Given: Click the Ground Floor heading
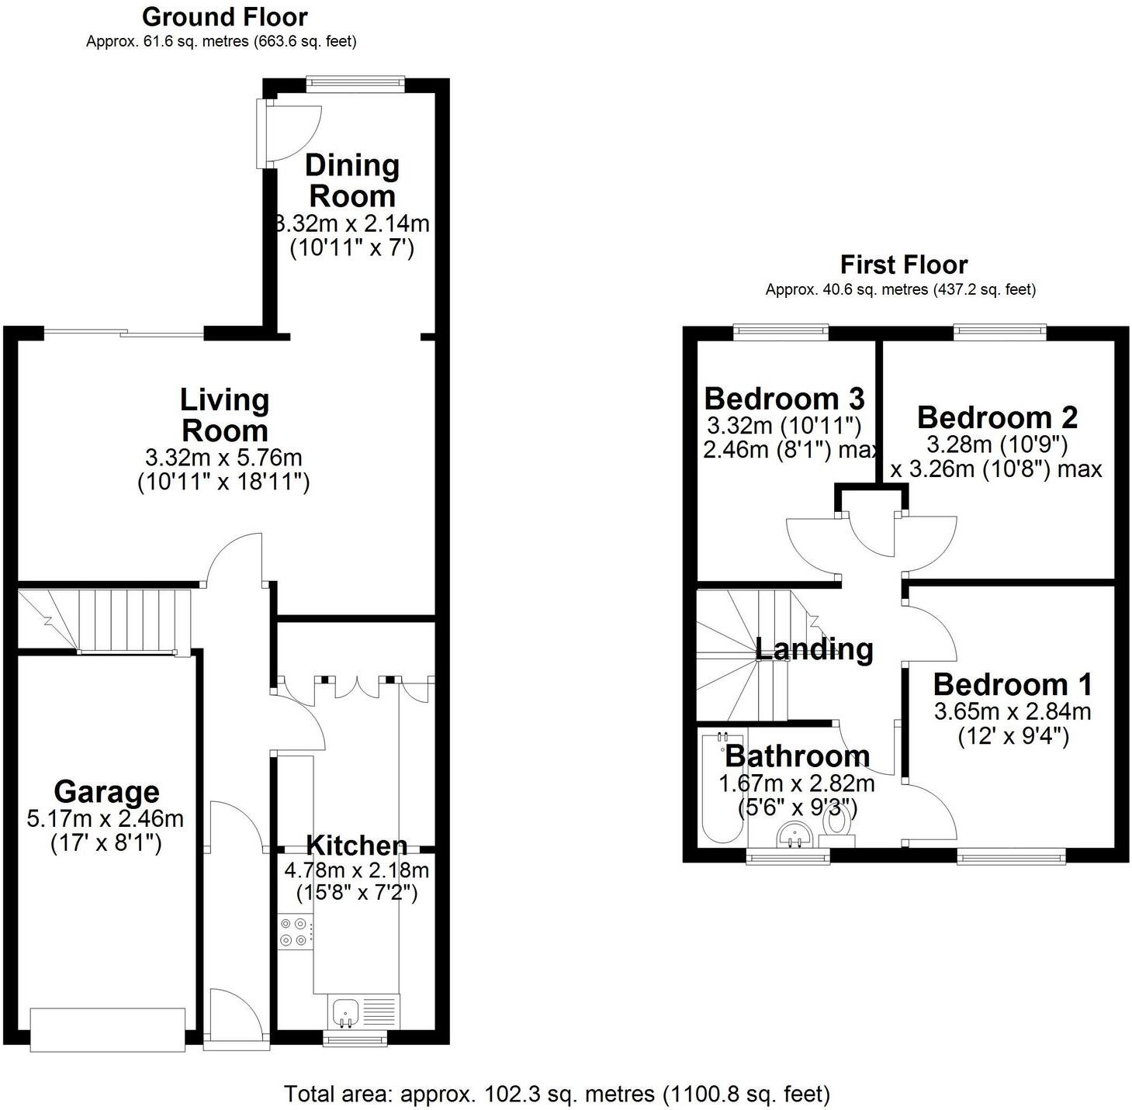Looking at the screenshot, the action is (224, 17).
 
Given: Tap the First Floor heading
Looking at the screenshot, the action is (903, 265).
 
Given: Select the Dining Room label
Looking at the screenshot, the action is (352, 180).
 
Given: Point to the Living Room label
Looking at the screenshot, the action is (224, 415).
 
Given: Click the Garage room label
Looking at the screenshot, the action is (106, 792).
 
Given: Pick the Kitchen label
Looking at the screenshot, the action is (357, 845).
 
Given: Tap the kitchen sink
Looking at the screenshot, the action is (346, 1012).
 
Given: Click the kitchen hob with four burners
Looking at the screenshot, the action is (294, 932).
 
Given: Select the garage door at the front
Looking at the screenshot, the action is (108, 1029).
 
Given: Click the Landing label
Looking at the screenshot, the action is (814, 649).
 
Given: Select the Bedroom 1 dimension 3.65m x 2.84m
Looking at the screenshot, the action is (1013, 712).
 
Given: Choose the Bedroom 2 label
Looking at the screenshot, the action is (997, 417).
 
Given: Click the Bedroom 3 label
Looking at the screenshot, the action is (784, 399).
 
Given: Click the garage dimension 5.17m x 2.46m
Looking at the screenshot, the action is (106, 818).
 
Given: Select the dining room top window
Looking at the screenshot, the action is (355, 84).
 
